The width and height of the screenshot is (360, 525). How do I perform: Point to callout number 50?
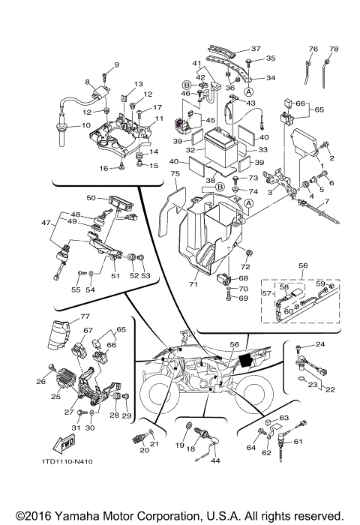tap(91, 198)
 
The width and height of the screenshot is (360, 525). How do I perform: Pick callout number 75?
tap(175, 173)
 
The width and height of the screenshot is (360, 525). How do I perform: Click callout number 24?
tap(319, 344)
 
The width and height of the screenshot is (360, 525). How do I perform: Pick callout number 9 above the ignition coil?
tap(116, 65)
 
